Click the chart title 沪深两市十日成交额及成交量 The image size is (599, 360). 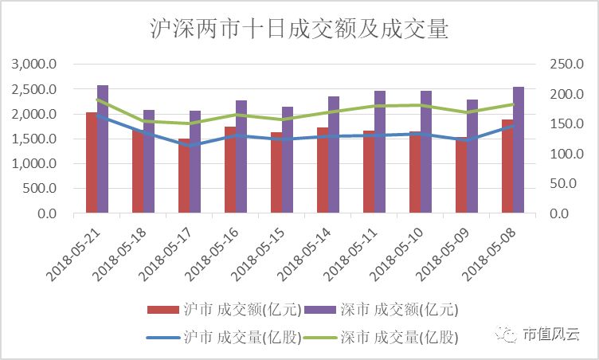click(x=299, y=30)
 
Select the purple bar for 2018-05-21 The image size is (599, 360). click(x=103, y=149)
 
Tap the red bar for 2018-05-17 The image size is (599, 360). click(x=184, y=176)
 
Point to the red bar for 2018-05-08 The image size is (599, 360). click(x=507, y=166)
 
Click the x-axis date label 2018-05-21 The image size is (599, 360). click(x=72, y=251)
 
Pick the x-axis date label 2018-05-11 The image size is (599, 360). click(x=350, y=251)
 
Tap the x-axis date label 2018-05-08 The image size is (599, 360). click(x=488, y=251)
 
